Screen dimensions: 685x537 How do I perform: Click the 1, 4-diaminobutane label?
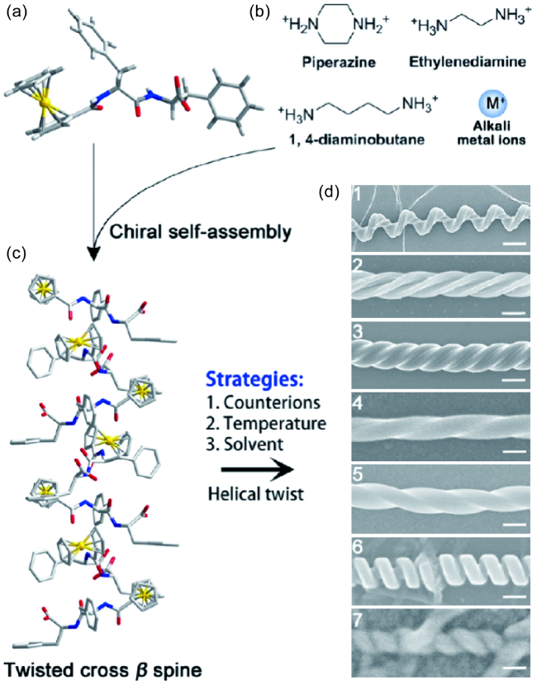pos(334,140)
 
